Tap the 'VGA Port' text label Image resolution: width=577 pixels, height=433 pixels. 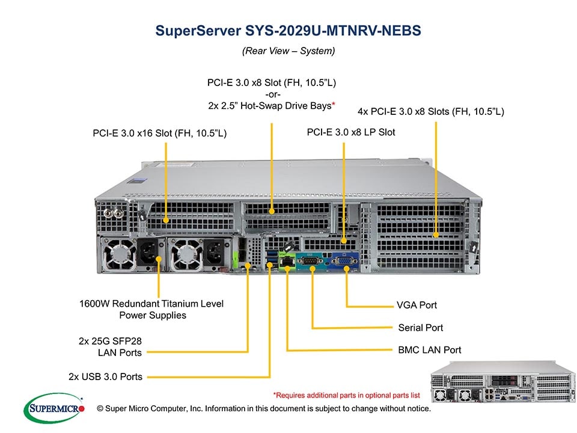point(417,305)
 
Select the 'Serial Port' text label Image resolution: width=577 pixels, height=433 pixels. point(420,328)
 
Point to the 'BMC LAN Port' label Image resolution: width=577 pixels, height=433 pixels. point(430,349)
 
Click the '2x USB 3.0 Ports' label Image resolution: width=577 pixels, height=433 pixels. point(105,376)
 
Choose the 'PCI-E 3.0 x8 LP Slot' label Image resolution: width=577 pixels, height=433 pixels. point(351,132)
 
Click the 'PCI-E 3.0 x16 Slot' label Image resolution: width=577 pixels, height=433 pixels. point(159,133)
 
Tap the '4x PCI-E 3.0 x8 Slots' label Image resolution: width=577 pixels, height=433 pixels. point(430,111)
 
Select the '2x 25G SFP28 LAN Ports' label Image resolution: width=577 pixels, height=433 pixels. point(110,346)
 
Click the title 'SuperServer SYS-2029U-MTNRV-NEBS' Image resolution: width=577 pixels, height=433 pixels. point(288,31)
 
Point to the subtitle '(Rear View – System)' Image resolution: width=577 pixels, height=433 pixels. point(288,51)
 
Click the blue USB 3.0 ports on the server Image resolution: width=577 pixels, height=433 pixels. point(272,259)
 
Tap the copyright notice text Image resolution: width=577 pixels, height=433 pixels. point(264,409)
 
